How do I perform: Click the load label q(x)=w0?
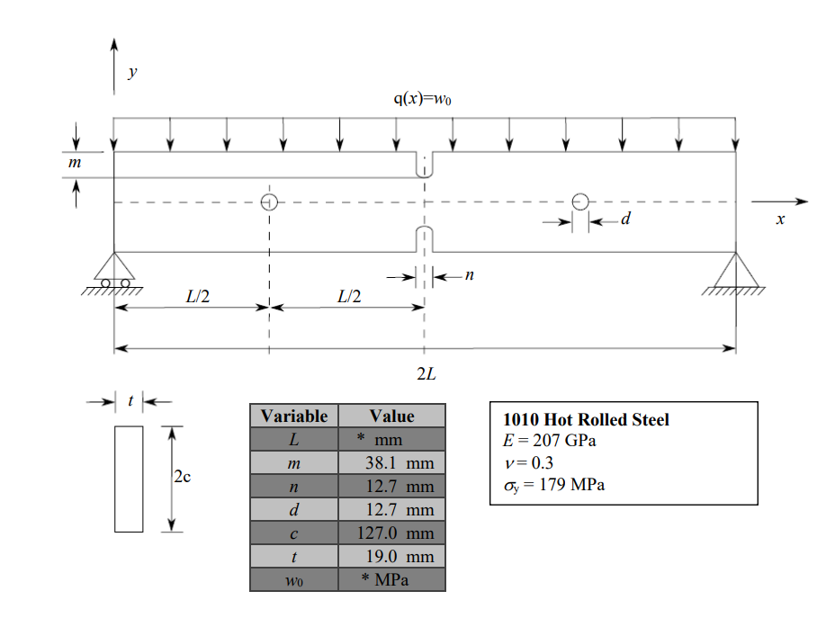422,99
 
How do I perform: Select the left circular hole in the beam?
268,202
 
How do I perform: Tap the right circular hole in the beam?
580,202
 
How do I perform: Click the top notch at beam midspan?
424,166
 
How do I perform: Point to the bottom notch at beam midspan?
424,240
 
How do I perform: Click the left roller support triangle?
114,267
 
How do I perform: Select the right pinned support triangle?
736,267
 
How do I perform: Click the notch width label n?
469,276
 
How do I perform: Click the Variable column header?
294,416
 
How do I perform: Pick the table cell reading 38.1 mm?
393,463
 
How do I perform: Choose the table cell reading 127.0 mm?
393,533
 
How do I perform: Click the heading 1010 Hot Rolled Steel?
586,420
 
